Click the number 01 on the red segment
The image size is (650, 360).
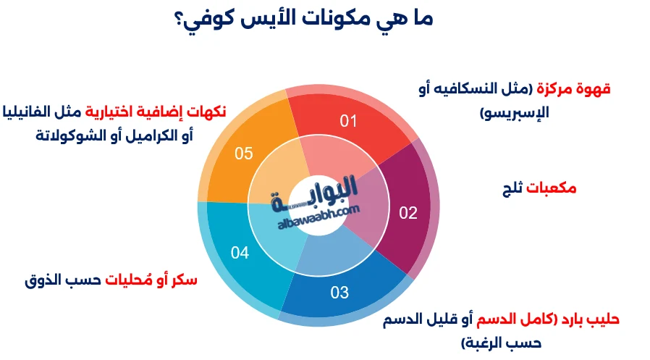[349, 120]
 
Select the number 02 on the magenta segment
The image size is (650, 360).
[409, 213]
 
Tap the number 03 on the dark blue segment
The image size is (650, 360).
[339, 293]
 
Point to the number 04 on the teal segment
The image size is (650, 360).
[240, 253]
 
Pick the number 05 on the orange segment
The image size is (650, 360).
[244, 154]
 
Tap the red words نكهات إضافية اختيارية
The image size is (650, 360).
[156, 112]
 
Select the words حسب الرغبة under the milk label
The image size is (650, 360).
[500, 342]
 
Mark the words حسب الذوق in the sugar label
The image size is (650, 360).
[53, 280]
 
